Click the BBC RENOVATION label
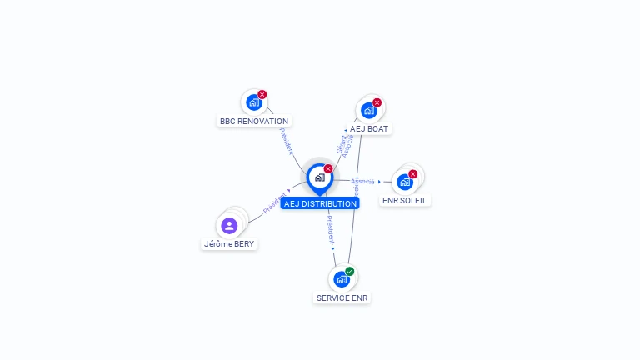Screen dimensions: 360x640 254,121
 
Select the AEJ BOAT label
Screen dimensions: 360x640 369,128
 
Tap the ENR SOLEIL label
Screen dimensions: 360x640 405,200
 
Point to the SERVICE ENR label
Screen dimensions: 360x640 342,297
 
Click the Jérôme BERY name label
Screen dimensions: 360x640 229,244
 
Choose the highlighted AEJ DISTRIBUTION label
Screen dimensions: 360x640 320,203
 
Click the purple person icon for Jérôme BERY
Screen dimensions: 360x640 229,225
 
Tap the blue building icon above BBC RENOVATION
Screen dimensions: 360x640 253,102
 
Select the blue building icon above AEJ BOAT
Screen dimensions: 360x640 367,110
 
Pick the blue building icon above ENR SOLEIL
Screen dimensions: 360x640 404,182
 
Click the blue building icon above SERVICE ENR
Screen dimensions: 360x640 341,279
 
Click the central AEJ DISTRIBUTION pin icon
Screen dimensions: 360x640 319,177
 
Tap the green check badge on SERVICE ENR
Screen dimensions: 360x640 350,271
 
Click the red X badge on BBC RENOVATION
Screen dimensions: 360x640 262,94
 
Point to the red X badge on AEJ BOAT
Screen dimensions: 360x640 377,102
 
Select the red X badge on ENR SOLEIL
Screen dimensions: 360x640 413,174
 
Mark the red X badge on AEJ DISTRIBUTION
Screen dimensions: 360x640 328,168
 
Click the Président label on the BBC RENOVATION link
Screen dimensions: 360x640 286,141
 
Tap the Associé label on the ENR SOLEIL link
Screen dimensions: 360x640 362,181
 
